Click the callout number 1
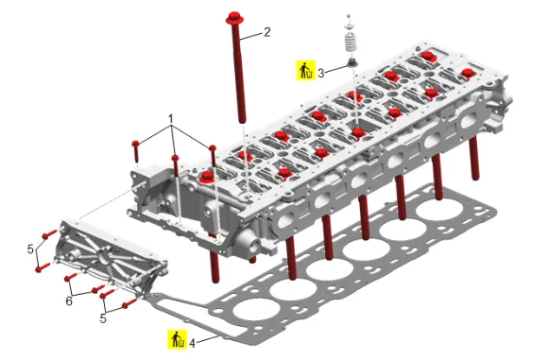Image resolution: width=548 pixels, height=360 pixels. pos(171,119)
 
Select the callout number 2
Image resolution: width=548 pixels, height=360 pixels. pos(267,32)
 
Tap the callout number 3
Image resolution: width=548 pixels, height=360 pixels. pos(321,73)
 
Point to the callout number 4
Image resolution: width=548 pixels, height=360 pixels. pos(192,343)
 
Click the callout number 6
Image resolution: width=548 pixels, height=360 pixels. pos(69,300)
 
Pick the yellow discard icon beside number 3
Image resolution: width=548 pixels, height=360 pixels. pos(306,70)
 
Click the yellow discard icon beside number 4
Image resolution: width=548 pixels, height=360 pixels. pos(177,339)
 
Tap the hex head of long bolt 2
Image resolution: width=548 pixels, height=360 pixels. pos(234,17)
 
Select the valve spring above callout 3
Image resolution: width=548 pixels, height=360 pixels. pos(351,43)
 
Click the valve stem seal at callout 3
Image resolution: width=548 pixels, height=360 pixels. pos(351,63)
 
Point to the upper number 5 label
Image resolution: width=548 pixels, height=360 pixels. pos(31,249)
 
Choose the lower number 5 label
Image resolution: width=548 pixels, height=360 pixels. pos(103,318)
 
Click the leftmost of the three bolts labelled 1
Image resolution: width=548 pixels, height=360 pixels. pos(136,151)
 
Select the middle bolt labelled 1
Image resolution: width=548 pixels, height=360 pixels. pos(176,165)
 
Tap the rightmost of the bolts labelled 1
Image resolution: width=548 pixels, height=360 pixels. pos(213,156)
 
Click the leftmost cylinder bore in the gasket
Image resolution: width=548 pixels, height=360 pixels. pos(257,309)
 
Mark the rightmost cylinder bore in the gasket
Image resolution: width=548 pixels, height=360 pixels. pos(439,210)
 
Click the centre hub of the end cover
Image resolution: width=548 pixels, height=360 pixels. pos(104,258)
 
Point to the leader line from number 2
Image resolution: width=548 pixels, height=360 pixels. pos(252,36)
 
